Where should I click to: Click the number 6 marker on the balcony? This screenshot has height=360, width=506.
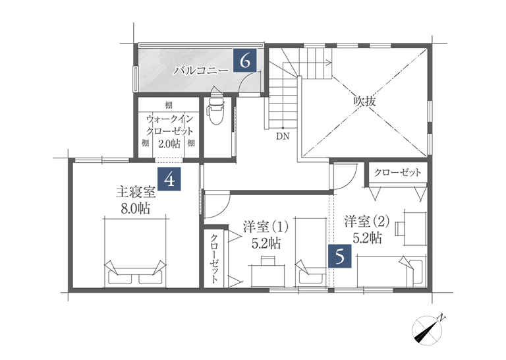pos(245,61)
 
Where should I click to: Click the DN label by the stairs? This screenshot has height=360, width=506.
pos(283,137)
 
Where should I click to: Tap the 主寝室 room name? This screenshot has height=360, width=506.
pos(136,193)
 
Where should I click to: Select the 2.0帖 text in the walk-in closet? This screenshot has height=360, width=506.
pos(169,143)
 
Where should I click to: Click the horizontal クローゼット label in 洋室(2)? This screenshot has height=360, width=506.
pos(397,173)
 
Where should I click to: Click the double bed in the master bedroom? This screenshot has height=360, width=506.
pos(135,253)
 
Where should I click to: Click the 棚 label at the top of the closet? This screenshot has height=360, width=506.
pos(169,105)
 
